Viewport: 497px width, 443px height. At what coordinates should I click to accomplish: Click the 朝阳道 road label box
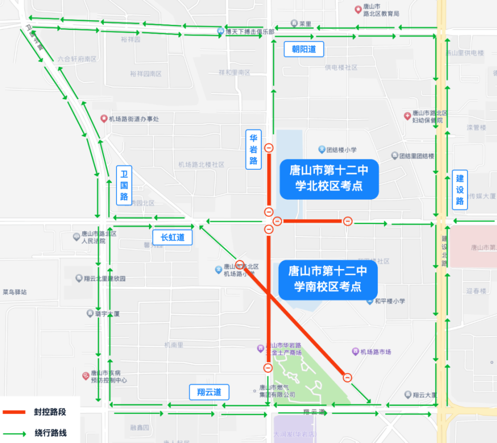pos(304,49)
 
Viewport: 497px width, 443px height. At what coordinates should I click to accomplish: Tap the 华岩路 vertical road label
pos(253,150)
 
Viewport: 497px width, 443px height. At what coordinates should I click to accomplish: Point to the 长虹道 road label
pos(172,238)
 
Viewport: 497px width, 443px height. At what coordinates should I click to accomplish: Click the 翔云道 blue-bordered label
pos(209,392)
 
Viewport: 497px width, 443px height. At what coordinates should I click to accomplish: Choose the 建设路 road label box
pos(460,189)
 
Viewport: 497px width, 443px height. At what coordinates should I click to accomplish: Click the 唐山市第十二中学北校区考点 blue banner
pos(329,178)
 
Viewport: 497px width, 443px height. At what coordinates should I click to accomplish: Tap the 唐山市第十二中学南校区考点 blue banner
pos(327,279)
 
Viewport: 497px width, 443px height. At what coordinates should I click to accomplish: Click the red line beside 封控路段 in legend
pos(21,412)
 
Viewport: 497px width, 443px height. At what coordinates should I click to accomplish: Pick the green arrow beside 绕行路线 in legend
pos(21,433)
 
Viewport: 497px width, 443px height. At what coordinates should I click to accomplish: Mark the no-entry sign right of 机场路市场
pos(347,378)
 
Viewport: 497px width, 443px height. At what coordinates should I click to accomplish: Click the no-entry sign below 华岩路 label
pos(269,148)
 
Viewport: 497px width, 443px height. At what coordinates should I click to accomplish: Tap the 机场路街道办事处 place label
pos(134,119)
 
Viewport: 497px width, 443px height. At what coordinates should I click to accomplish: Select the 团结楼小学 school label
pos(341,150)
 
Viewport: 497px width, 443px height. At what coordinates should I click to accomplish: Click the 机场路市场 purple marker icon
pos(355,352)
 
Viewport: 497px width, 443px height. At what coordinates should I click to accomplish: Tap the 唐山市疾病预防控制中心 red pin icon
pos(86,376)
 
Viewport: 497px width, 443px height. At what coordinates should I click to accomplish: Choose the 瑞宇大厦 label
pos(107,314)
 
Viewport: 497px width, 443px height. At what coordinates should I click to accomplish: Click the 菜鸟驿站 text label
pos(14,292)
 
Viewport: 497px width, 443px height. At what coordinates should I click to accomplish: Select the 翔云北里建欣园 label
pos(104,279)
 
